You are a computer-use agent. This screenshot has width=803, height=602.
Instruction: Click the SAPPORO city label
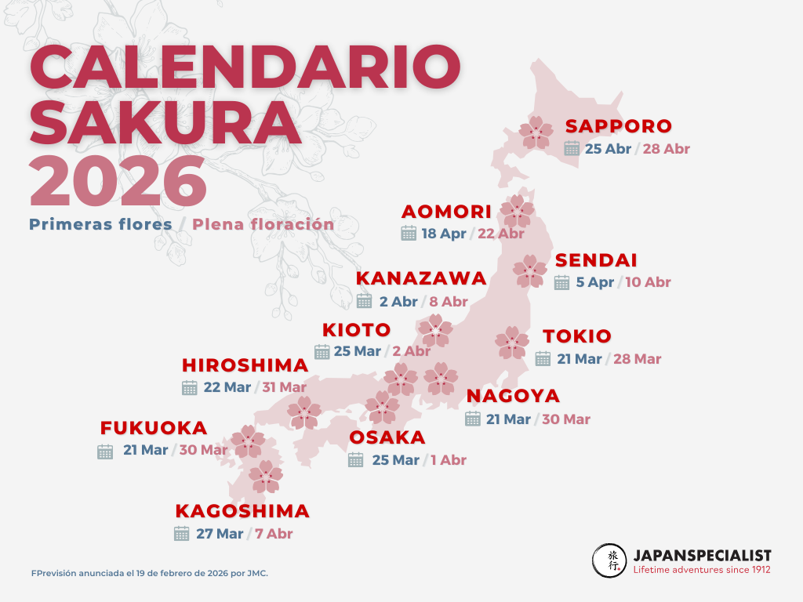pos(619,126)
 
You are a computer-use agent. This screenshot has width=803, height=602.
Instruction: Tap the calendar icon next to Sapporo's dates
pos(572,148)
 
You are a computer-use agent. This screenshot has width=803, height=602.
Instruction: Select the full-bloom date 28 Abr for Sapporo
pos(666,148)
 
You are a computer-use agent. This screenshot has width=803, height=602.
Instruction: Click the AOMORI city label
pos(446,212)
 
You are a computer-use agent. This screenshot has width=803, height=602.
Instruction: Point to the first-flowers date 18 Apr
pos(444,233)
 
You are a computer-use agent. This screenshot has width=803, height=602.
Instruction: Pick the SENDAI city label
pos(596,260)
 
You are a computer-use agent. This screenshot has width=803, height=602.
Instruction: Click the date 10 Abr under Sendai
pos(647,282)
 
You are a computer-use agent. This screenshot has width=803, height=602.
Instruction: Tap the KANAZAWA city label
pos(421,278)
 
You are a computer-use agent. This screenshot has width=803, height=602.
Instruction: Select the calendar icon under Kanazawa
pos(365,301)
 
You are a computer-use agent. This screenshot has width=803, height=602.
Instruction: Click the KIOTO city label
pos(356,329)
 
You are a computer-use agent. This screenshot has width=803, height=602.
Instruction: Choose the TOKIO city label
pos(577,336)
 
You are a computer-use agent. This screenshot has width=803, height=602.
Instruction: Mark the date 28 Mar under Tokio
pos(638,359)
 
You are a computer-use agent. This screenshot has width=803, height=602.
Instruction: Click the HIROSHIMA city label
pos(245,365)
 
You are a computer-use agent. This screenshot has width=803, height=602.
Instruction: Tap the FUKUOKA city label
pos(154,429)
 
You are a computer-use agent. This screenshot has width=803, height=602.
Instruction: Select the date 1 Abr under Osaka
pos(449,460)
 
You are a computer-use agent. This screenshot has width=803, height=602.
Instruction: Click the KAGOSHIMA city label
pos(242,511)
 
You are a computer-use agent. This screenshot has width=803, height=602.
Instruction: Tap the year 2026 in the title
pos(118,182)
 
